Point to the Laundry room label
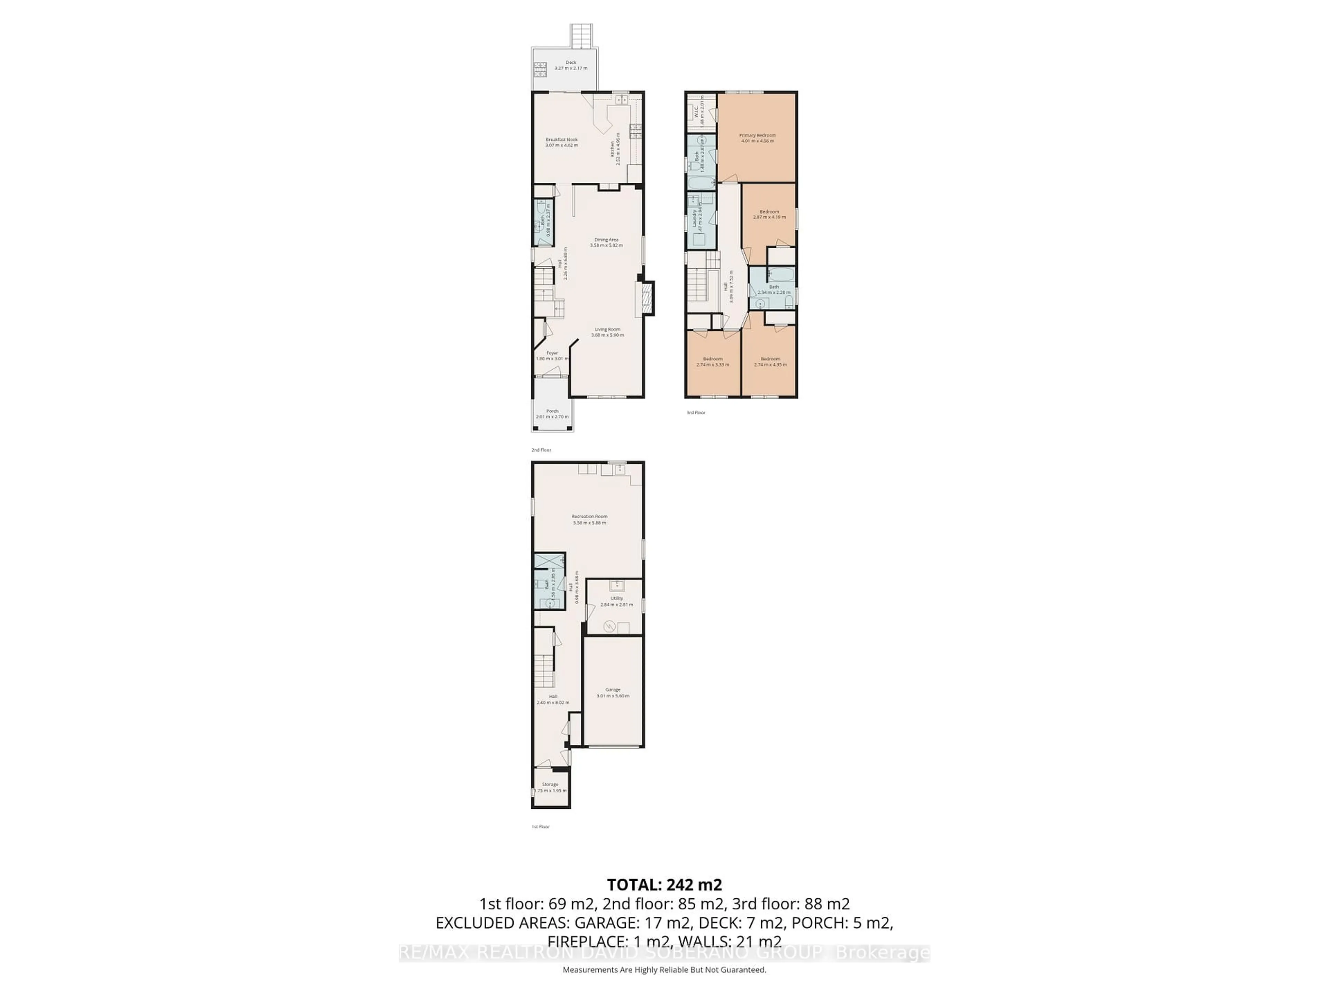[x=694, y=217]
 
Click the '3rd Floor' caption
[x=696, y=413]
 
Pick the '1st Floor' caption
[x=540, y=827]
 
